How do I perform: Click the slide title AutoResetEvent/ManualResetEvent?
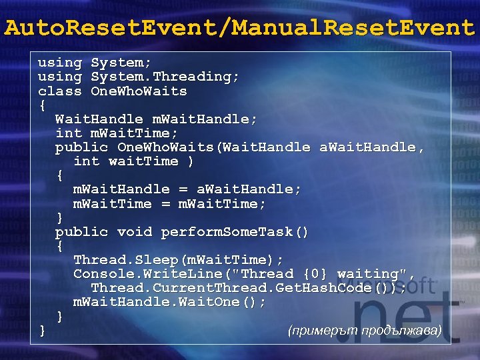coord(239,28)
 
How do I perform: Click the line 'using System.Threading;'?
coord(138,77)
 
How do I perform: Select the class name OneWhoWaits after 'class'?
coord(139,91)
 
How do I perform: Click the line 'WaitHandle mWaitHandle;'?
coord(156,119)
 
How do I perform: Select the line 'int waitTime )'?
coord(134,161)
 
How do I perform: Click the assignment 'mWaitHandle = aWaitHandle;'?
coord(187,189)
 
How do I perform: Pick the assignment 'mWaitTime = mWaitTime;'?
coord(169,203)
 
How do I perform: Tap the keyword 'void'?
coord(135,232)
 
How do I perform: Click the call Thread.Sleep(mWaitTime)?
coord(178,259)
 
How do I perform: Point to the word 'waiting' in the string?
coord(367,274)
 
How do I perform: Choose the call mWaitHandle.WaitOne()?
coord(169,302)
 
